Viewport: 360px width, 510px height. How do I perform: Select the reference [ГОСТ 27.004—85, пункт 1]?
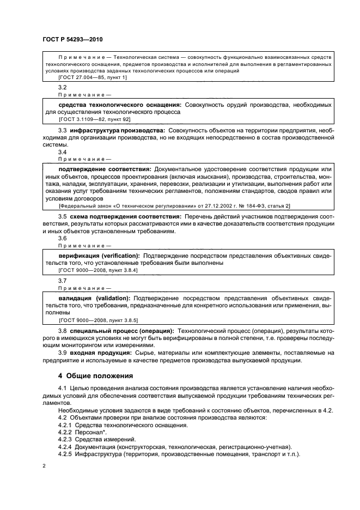tap(92, 78)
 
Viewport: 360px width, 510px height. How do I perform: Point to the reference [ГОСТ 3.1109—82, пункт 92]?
tap(94, 119)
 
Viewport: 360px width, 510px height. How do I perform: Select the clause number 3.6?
tap(62, 239)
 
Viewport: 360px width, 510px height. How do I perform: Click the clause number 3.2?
tap(62, 87)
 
